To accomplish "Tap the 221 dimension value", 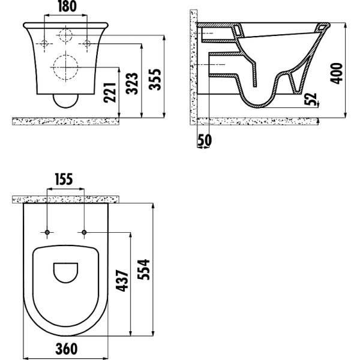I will coord(110,92).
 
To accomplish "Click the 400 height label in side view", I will coord(337,71).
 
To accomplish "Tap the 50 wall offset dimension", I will coord(204,140).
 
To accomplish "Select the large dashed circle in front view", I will coord(66,67).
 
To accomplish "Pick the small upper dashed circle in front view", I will coord(66,35).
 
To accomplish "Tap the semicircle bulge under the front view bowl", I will coord(66,100).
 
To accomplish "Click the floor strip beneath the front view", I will coord(66,121).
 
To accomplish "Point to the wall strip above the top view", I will coord(66,199).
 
